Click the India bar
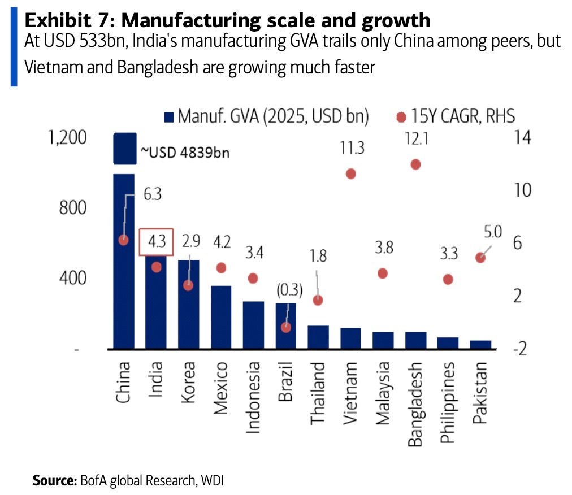click(156, 302)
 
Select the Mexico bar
click(221, 317)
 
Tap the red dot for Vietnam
click(351, 174)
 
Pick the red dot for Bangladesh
click(415, 164)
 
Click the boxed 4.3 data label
click(156, 241)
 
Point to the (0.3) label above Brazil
click(289, 290)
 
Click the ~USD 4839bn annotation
click(185, 153)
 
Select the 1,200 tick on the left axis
click(67, 137)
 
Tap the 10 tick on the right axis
click(522, 190)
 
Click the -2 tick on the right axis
click(520, 349)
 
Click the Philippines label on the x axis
click(448, 402)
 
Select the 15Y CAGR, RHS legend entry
click(456, 116)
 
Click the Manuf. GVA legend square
click(169, 117)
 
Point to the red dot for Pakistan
click(480, 258)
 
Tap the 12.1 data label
click(416, 138)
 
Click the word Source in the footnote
click(55, 480)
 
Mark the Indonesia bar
click(254, 325)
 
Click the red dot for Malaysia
click(382, 273)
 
